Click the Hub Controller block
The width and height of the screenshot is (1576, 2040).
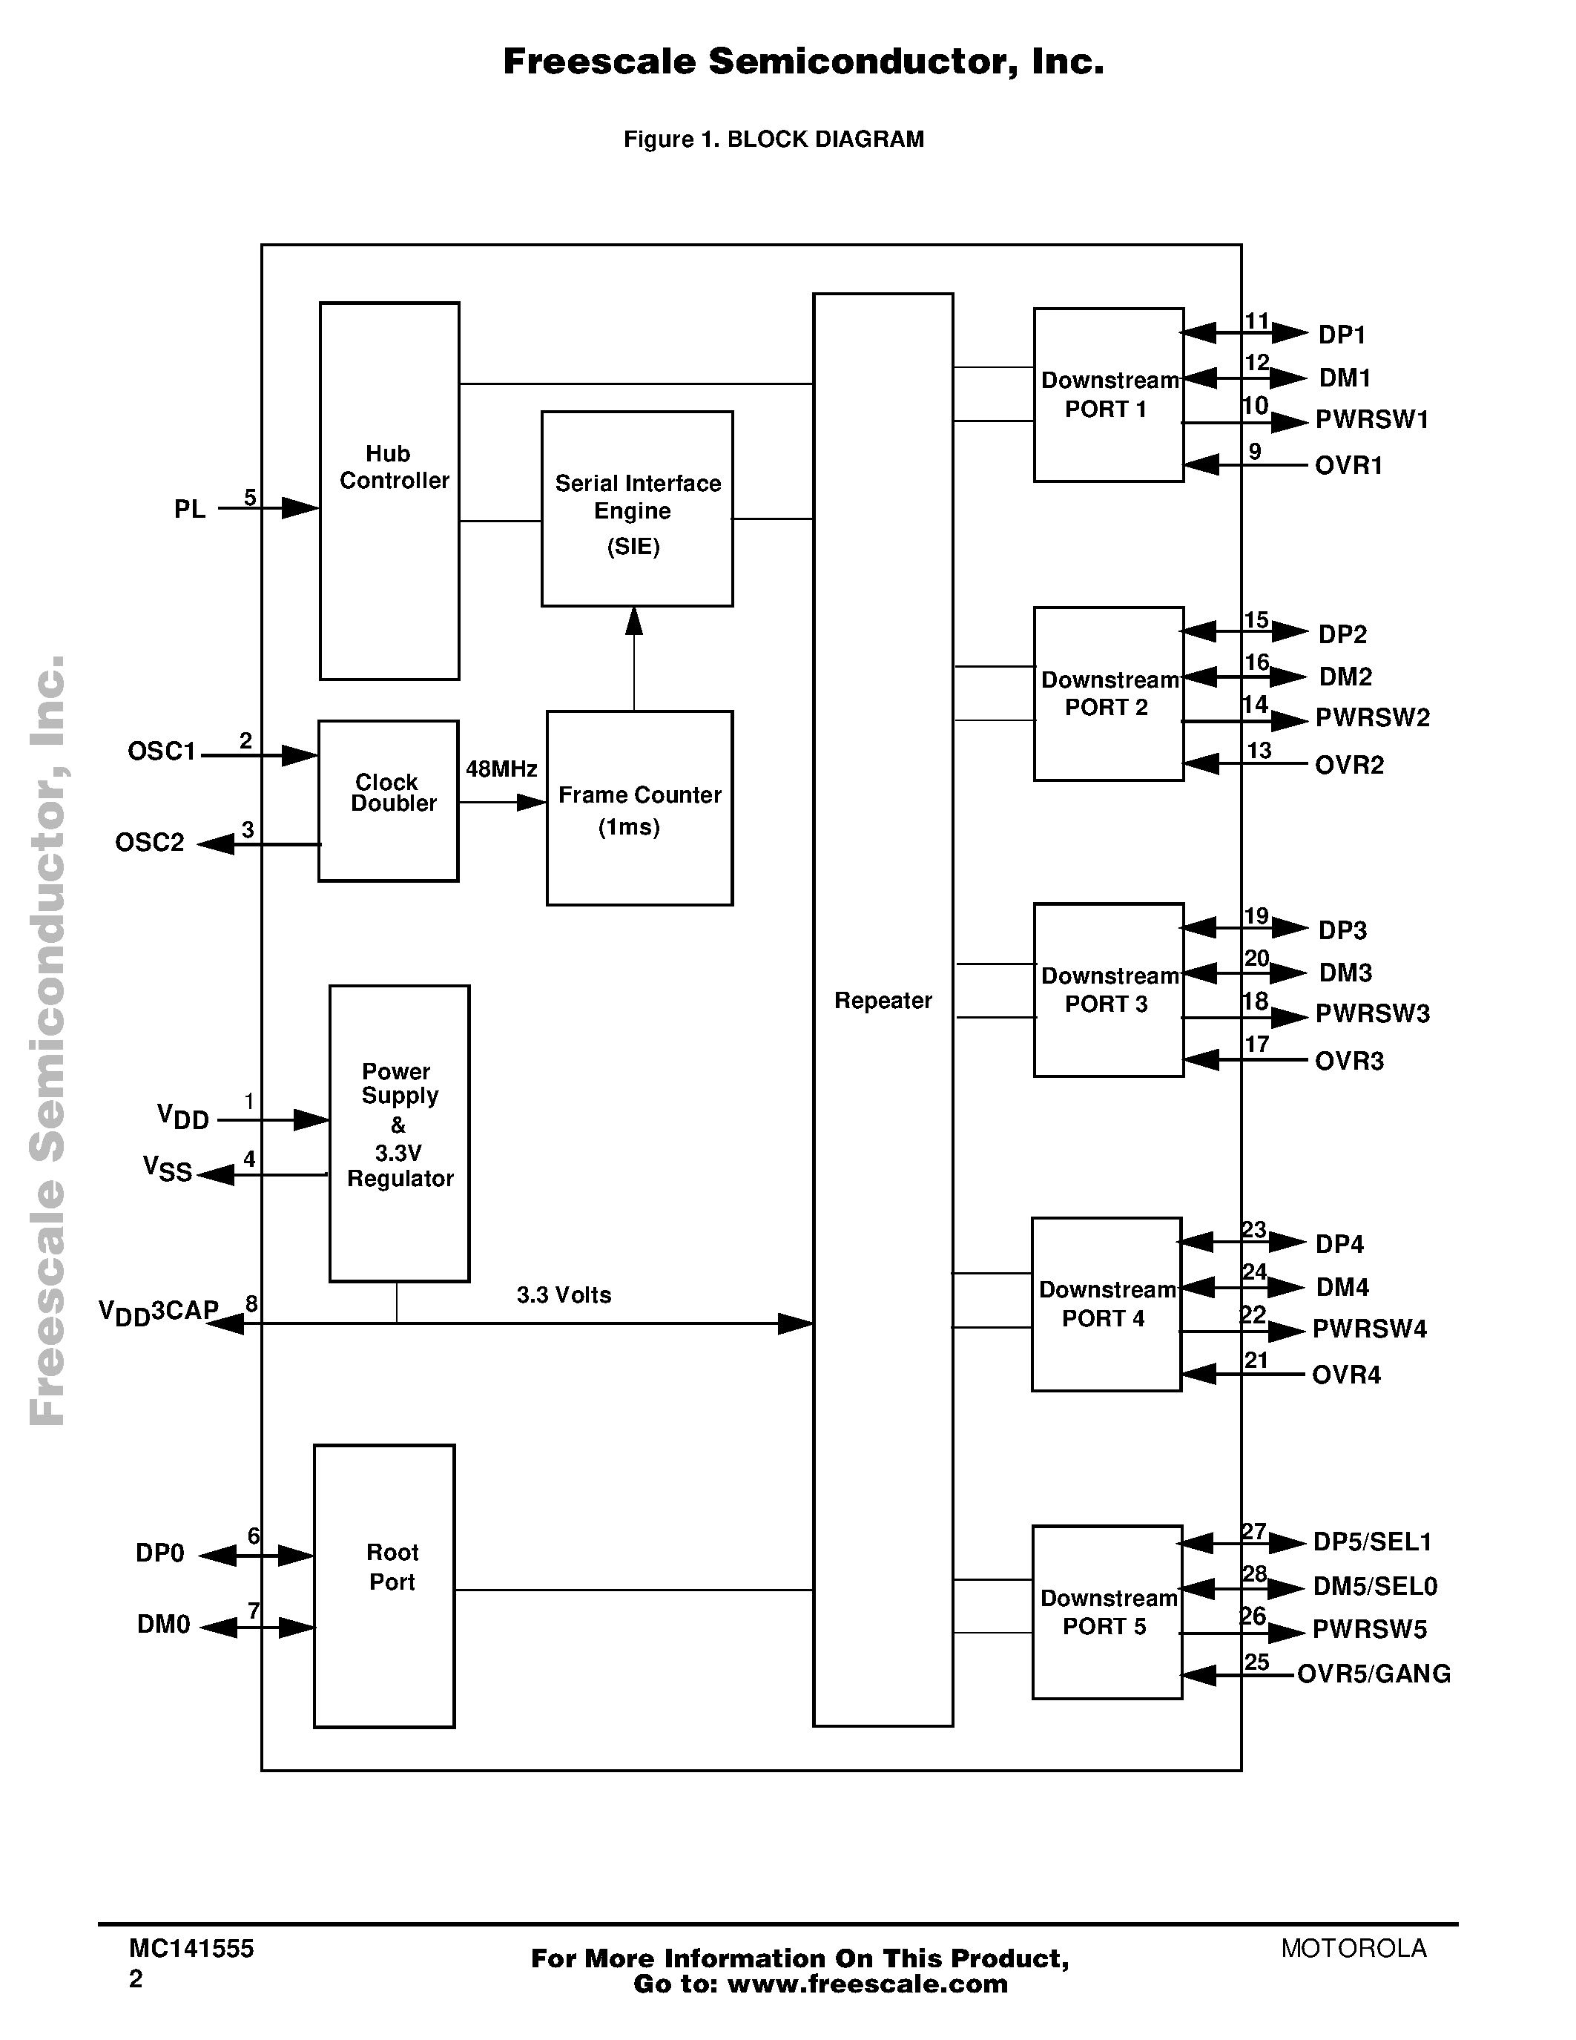click(x=389, y=491)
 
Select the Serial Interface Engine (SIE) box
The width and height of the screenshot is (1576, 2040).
click(x=637, y=509)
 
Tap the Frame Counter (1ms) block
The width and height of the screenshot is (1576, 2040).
click(x=639, y=808)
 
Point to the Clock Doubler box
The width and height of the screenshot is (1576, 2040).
click(x=389, y=800)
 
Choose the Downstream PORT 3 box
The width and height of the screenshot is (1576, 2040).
click(x=1108, y=990)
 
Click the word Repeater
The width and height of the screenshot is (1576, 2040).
click(x=883, y=1001)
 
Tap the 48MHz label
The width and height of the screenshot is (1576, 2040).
click(x=501, y=769)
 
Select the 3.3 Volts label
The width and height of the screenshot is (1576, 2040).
click(x=564, y=1294)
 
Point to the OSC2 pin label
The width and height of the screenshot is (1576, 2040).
click(x=149, y=843)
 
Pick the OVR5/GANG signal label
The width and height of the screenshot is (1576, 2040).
click(x=1374, y=1674)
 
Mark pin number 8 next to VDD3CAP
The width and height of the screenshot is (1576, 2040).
click(x=251, y=1304)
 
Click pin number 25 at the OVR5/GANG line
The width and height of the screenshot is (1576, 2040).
click(x=1256, y=1662)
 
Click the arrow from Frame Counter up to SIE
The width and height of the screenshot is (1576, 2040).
click(x=634, y=654)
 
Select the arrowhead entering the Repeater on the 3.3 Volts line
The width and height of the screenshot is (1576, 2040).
click(x=796, y=1323)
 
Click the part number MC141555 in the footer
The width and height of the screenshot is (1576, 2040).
click(x=191, y=1949)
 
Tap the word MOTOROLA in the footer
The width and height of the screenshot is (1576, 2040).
click(x=1354, y=1949)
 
